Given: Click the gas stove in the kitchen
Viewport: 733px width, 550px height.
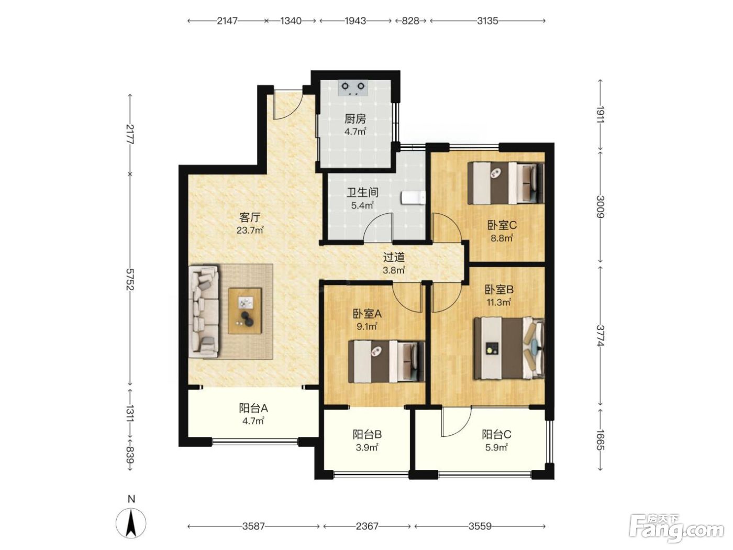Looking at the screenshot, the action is tap(352, 88).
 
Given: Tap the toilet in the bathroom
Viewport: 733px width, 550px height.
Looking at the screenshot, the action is tap(413, 198).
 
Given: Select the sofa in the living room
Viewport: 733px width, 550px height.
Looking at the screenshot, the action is tap(204, 311).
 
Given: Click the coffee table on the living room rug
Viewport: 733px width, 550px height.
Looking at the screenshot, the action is tap(245, 311).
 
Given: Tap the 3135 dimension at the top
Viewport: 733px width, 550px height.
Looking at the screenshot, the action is tap(487, 21).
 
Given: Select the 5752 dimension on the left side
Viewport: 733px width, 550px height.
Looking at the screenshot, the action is tap(130, 279).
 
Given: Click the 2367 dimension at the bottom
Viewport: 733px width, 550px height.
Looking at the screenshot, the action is tap(366, 526).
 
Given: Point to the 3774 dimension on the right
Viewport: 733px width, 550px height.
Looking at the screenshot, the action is tap(600, 336).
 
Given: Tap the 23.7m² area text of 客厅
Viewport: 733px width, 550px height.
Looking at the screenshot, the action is tap(250, 230).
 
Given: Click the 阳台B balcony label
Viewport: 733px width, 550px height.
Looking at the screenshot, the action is tap(367, 434).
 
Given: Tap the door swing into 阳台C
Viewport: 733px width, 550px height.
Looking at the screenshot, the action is tap(457, 422).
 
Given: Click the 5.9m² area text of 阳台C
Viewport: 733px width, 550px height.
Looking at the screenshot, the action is tap(496, 447).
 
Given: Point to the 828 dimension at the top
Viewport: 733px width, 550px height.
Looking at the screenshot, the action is tap(410, 21).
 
